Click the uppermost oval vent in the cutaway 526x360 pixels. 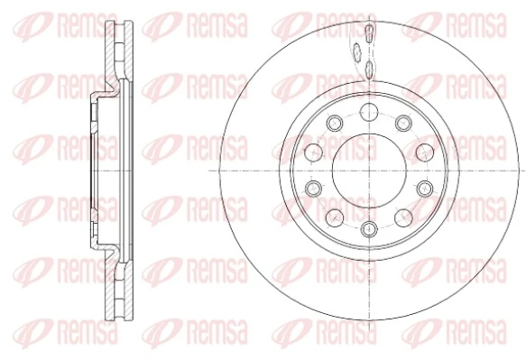369,34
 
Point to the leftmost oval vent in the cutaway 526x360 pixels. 356,51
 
